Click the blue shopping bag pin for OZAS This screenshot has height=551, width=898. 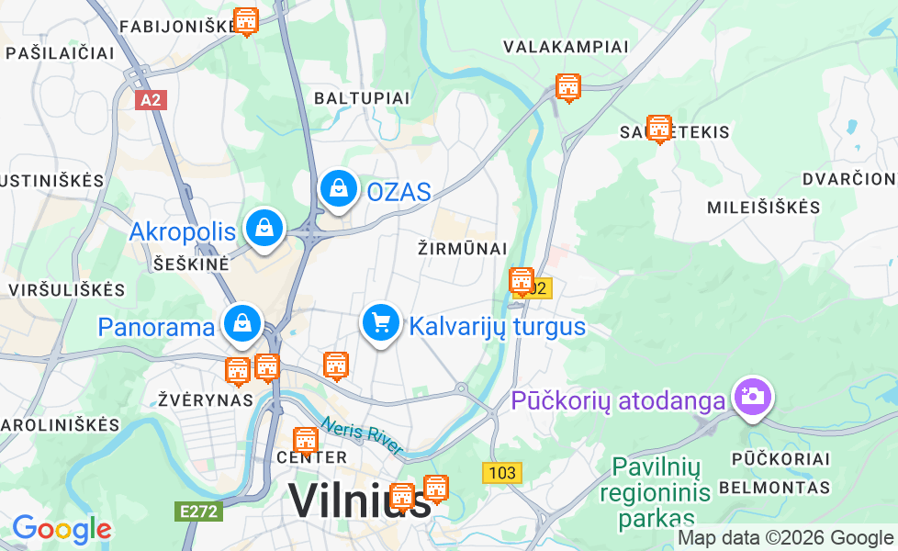point(339,188)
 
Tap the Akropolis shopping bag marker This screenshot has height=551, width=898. point(264,227)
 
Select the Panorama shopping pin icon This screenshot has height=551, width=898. point(241,322)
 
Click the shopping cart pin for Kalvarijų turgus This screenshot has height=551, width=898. point(380,323)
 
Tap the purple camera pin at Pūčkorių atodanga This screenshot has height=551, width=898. point(752,396)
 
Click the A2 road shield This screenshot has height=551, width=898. point(151,99)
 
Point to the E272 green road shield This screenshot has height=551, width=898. point(199,511)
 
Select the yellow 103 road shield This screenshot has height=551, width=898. point(502,473)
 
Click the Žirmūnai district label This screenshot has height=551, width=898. point(462,249)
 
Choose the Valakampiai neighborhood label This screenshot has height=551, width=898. point(566,47)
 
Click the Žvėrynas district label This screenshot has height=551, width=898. point(205,400)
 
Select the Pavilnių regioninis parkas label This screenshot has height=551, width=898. point(656,493)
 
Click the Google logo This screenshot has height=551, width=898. point(62,529)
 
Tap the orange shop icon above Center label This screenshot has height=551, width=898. point(306,439)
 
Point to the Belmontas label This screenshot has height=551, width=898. point(774,488)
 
